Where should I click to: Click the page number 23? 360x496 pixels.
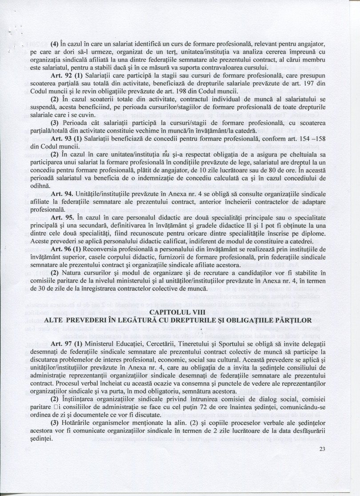(x=322, y=448)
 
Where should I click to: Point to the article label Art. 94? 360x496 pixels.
(x=61, y=194)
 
